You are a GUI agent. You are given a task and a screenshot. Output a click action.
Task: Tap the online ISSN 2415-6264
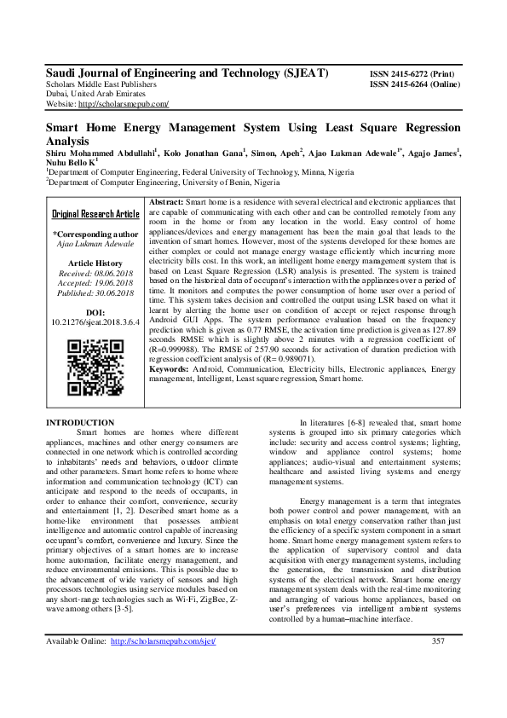coord(415,84)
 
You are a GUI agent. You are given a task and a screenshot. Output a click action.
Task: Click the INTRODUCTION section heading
coord(79,423)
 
